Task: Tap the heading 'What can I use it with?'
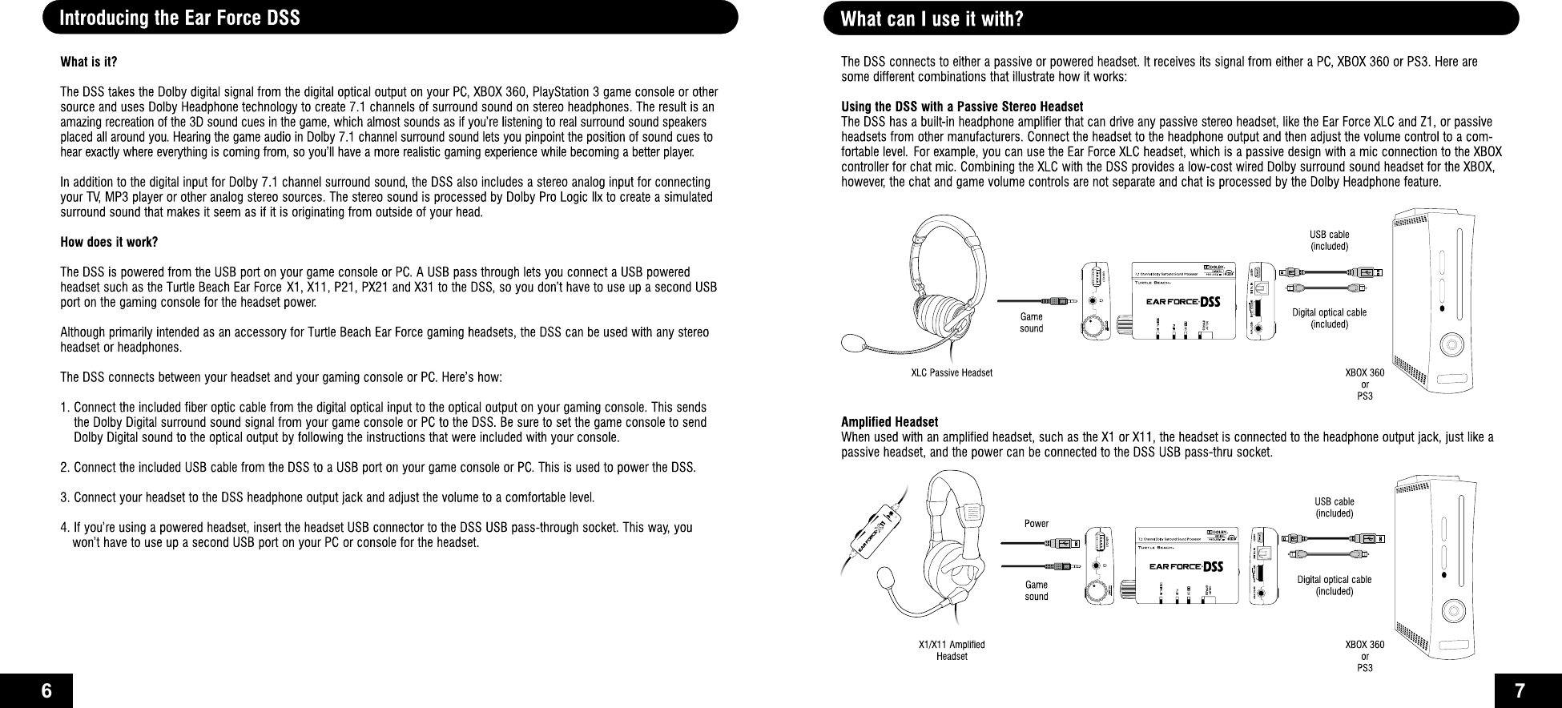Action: pos(932,18)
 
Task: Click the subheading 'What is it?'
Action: pos(89,62)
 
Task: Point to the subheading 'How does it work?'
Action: pos(109,243)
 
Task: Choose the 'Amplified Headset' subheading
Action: pos(889,422)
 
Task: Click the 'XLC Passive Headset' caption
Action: pos(952,373)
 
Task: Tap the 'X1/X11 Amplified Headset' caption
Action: pos(952,650)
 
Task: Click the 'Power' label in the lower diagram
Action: pos(1036,524)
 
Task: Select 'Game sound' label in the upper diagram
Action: pos(1031,323)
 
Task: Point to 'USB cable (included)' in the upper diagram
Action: pos(1329,240)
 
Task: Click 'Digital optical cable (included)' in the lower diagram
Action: pos(1335,585)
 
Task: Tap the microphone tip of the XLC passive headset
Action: pos(851,344)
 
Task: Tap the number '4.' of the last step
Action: pos(65,528)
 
